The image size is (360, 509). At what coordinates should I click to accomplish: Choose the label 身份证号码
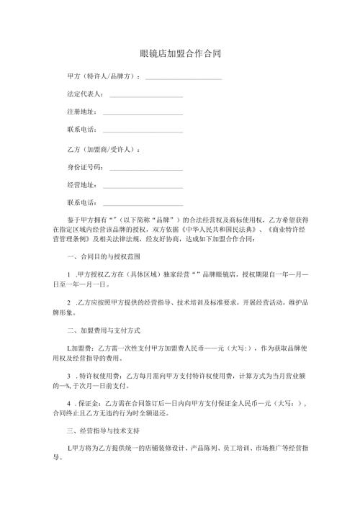coord(85,168)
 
